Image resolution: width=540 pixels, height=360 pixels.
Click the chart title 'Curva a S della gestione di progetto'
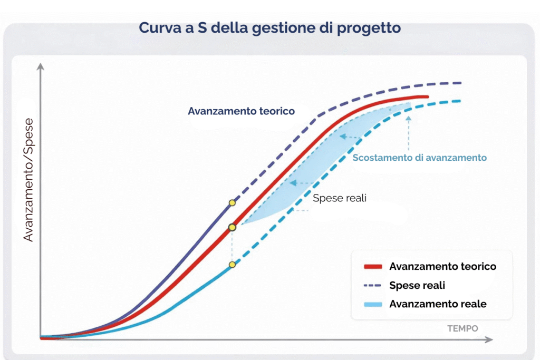269,27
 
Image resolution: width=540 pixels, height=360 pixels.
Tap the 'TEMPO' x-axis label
462,328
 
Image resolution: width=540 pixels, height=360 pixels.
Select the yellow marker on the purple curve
232,202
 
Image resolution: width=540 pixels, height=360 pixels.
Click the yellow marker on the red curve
232,227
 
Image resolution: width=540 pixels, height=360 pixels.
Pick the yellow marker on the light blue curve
232,265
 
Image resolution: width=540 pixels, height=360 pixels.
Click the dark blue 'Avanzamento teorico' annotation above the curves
241,111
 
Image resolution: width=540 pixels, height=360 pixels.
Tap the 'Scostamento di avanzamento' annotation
419,158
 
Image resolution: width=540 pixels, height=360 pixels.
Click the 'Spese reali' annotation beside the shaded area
339,198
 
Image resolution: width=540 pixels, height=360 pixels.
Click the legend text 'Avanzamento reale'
438,304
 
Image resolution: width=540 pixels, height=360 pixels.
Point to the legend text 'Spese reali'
417,285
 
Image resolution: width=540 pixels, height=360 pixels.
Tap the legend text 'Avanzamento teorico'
442,267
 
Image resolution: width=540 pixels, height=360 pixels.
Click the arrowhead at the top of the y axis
41,67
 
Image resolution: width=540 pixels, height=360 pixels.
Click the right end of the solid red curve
427,97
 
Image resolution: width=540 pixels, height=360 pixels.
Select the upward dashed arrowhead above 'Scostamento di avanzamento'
408,118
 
